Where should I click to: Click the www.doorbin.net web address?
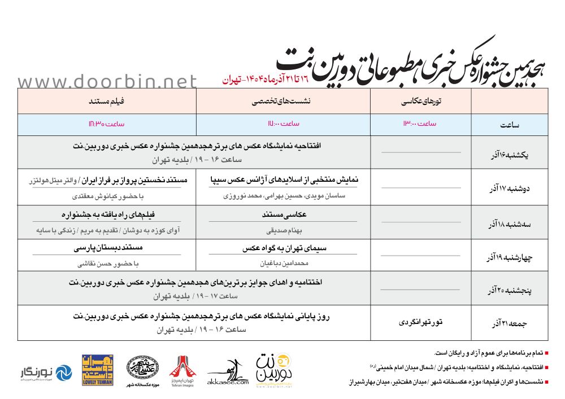click(107, 82)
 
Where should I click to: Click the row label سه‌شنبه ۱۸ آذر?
click(506, 223)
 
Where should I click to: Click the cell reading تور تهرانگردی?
click(420, 322)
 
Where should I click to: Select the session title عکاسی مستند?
click(284, 215)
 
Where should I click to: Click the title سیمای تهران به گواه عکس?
click(284, 248)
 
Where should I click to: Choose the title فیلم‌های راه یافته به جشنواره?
click(107, 215)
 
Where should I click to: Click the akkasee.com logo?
click(228, 373)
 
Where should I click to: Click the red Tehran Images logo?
click(181, 370)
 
